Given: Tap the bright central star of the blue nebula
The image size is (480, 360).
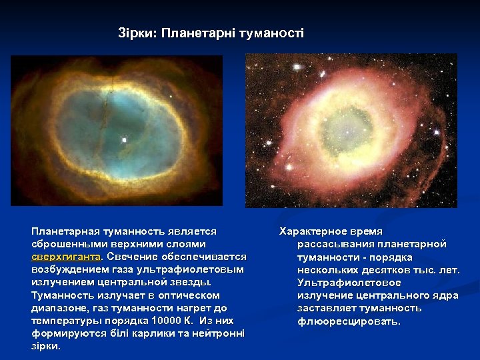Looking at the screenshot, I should [x=124, y=140].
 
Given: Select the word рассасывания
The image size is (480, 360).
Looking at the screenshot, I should [x=331, y=244].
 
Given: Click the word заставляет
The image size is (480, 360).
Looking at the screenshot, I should [x=326, y=308].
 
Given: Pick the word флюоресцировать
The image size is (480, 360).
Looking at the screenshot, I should [x=349, y=321].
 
